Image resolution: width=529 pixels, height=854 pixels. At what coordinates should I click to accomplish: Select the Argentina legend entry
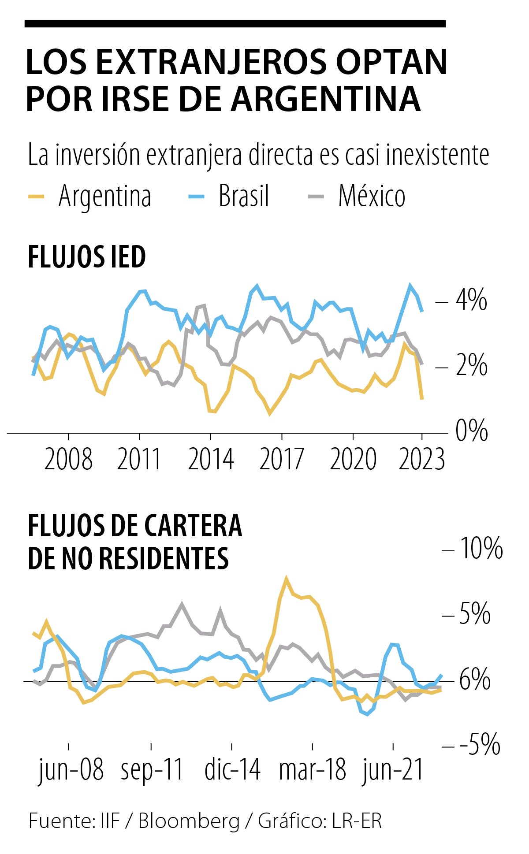click(104, 196)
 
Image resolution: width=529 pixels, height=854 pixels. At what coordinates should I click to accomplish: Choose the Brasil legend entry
click(243, 196)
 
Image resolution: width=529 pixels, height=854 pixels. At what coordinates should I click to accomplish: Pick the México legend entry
click(371, 196)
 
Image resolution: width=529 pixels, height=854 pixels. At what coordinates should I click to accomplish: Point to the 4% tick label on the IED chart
click(471, 300)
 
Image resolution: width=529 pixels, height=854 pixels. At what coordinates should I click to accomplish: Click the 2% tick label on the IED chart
click(471, 365)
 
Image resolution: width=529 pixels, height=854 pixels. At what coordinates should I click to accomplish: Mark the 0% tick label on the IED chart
click(471, 431)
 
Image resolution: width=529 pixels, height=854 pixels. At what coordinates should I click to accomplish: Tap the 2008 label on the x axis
click(68, 459)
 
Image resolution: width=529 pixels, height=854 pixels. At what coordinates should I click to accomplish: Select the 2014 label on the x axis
click(211, 459)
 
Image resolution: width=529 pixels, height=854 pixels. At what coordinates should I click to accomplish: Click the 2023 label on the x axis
click(422, 459)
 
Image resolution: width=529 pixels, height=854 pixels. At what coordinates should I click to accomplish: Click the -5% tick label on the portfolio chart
click(479, 744)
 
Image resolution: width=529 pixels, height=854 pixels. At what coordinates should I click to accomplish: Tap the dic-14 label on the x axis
click(232, 769)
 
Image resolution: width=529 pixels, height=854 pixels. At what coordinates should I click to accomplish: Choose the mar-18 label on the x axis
click(313, 769)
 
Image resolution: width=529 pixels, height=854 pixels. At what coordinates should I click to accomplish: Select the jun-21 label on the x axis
click(393, 769)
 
